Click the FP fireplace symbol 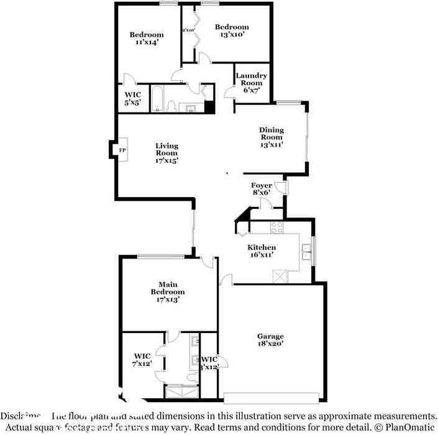[122, 150]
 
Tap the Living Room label [167, 153]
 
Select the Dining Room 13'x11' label [271, 137]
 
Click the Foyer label [261, 189]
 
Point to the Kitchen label [262, 250]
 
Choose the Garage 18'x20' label [271, 339]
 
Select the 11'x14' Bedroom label [147, 39]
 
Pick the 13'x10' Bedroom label [232, 31]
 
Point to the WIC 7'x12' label [142, 360]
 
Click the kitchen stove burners [276, 227]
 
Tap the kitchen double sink [306, 252]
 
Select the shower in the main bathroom [181, 391]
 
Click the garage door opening [273, 398]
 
